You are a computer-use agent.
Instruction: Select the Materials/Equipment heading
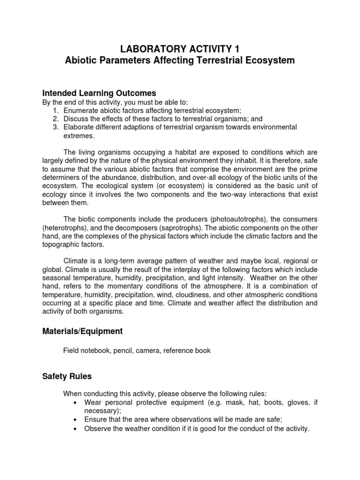(82, 331)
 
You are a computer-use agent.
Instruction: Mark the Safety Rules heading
(67, 376)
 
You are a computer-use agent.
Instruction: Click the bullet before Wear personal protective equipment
(76, 403)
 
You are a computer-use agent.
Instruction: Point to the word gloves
(294, 403)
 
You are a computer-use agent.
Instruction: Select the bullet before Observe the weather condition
(76, 428)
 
